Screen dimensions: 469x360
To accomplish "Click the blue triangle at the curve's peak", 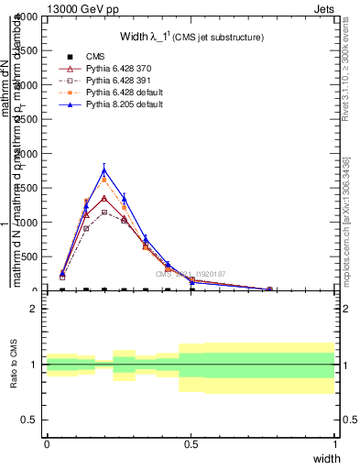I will pyautogui.click(x=104, y=169).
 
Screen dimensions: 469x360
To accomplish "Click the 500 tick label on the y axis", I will pyautogui.click(x=30, y=256).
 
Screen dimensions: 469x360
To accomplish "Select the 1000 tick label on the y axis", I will pyautogui.click(x=27, y=223).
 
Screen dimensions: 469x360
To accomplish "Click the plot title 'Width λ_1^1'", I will pyautogui.click(x=192, y=38).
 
